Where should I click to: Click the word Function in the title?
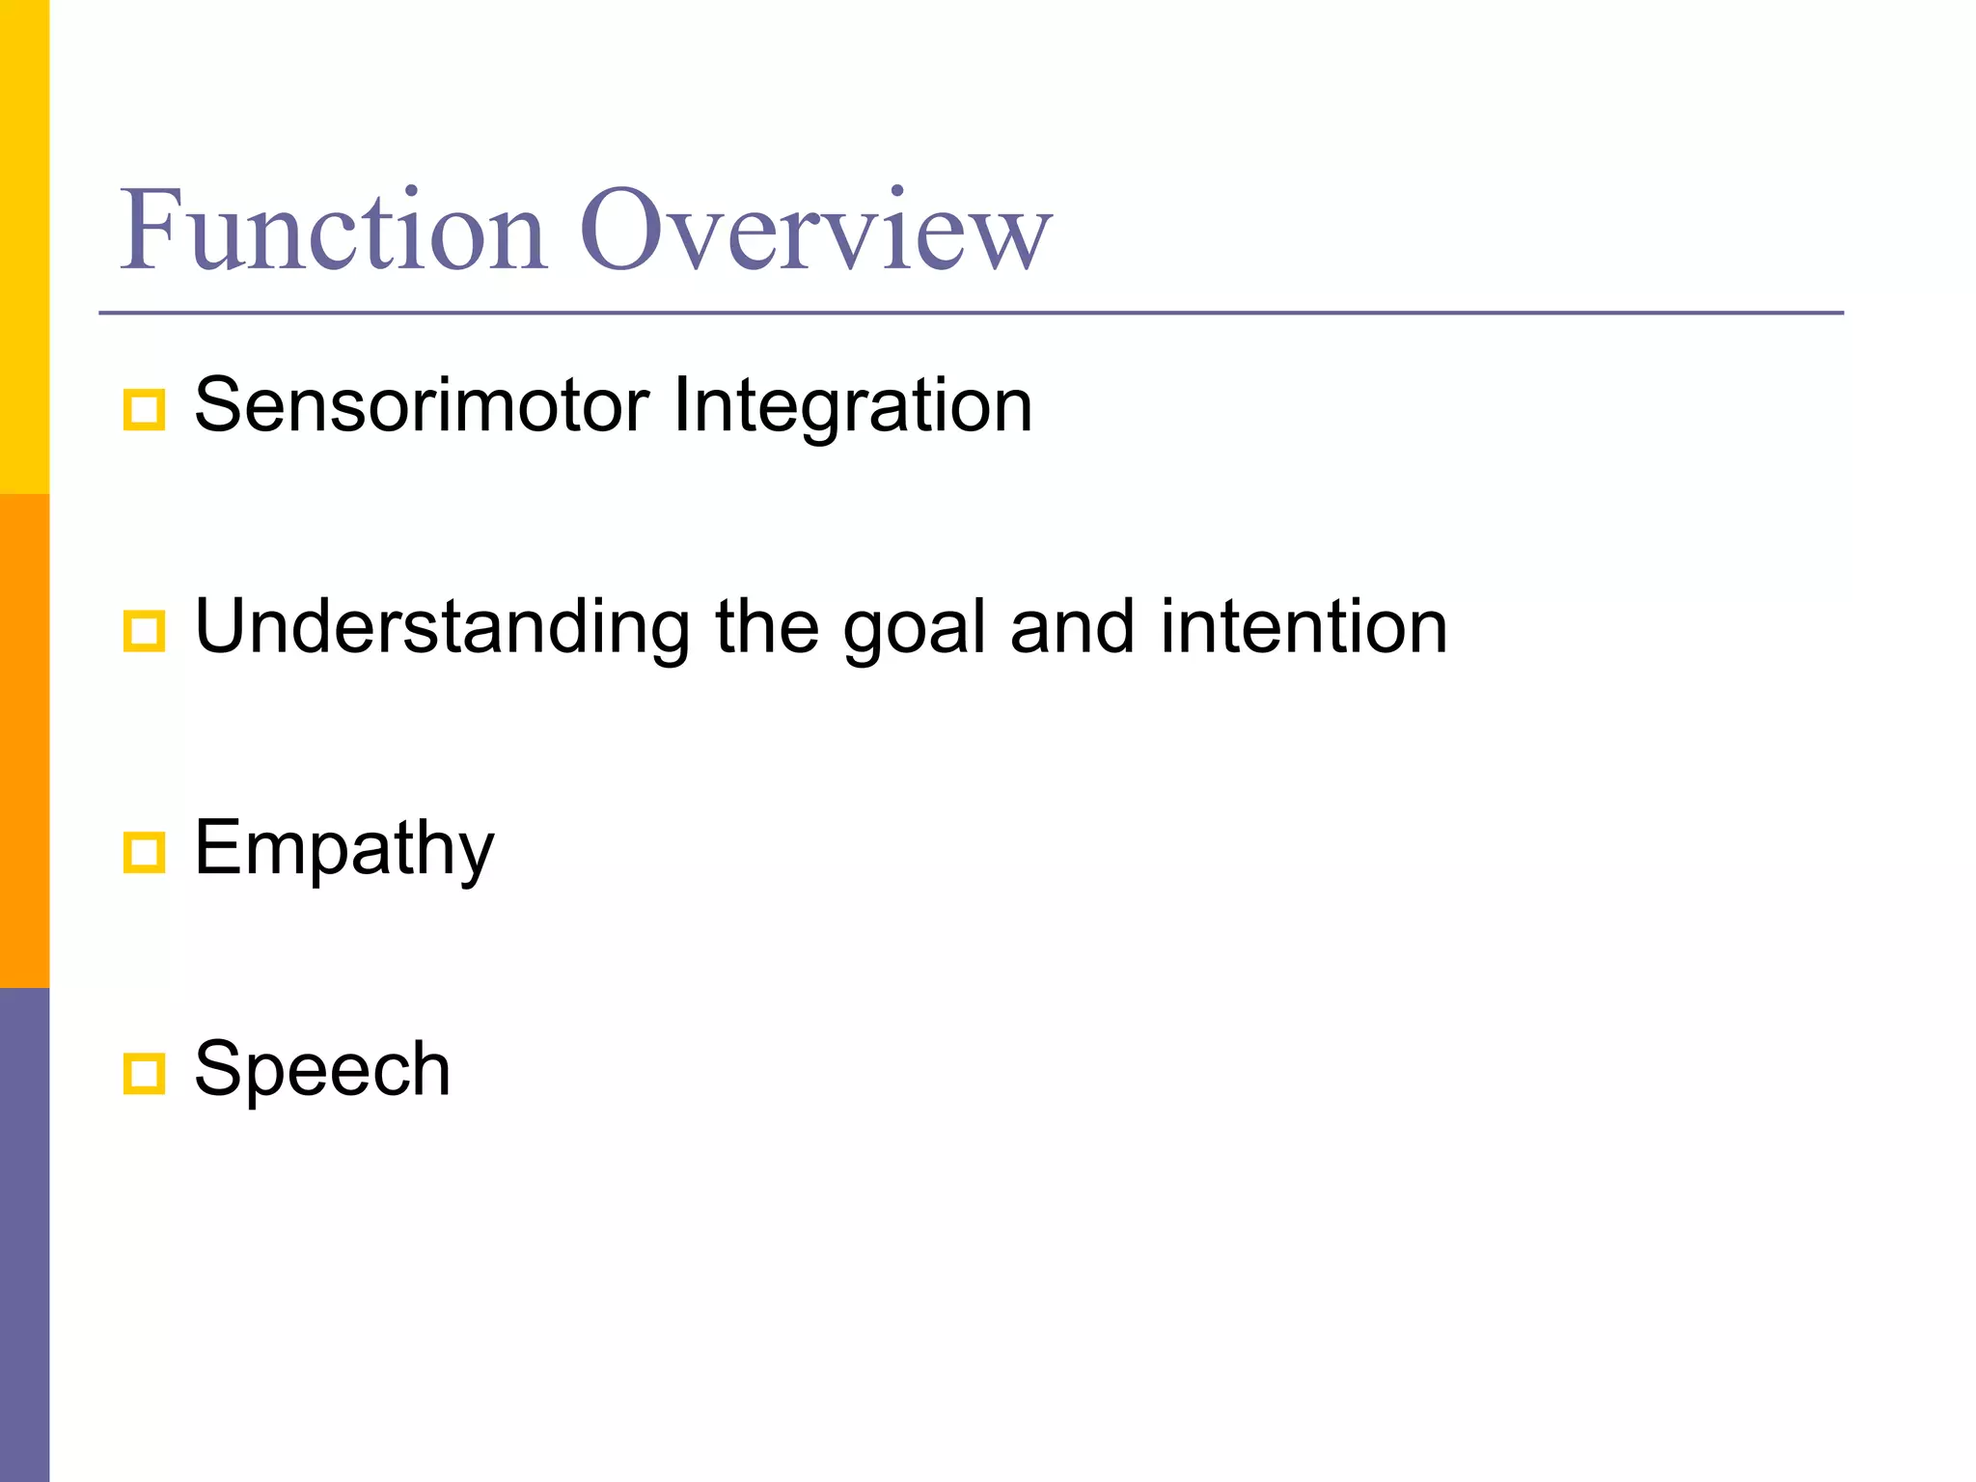[334, 231]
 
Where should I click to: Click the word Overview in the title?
[815, 231]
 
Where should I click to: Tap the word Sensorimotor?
[422, 405]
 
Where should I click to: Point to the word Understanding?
[442, 627]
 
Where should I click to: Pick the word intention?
[1304, 627]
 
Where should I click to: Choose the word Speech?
[322, 1070]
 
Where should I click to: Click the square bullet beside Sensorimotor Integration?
[145, 410]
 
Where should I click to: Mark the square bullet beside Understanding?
[145, 632]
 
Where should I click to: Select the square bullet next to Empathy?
[145, 853]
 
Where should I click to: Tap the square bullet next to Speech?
[145, 1074]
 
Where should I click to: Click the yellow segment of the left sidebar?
[24, 247]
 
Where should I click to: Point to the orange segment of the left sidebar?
[24, 741]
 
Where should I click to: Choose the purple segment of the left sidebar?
[24, 1235]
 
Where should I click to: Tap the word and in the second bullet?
[1071, 627]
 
